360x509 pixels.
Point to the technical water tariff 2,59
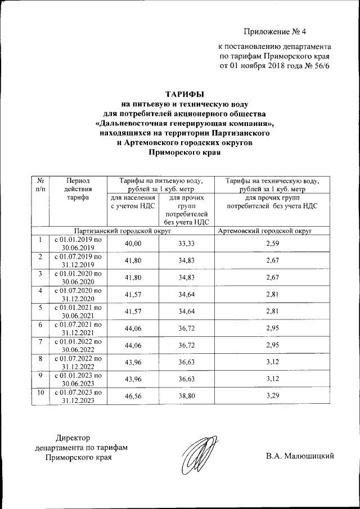pos(272,242)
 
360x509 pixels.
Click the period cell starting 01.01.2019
pos(78,242)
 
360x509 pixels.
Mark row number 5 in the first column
pos(40,308)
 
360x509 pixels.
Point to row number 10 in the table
pos(40,393)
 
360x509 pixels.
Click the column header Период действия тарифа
pos(78,190)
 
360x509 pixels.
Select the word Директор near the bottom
pos(73,438)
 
